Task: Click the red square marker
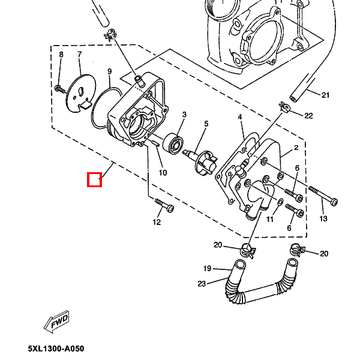94,179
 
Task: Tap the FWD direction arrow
56,322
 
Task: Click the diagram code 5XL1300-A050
56,349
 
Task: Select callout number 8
61,55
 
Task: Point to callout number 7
79,55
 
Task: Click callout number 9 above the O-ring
110,71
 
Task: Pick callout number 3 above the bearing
184,115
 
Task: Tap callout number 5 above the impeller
206,124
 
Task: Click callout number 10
163,173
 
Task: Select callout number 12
157,222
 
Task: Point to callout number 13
323,218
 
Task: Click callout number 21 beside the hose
325,95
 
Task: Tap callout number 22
308,115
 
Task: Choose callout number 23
202,284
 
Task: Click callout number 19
208,268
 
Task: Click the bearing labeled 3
173,143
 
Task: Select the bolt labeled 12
164,205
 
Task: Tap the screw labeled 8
60,89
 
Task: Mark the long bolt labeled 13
323,196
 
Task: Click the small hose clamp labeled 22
285,107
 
